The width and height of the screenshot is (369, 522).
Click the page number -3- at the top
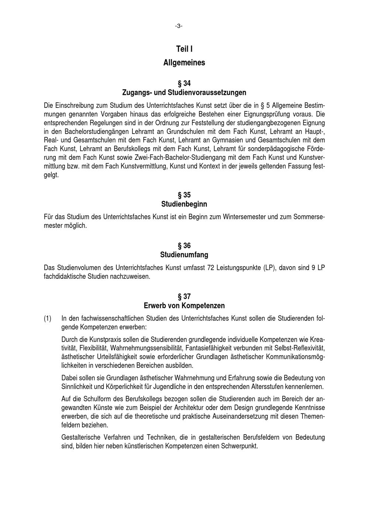click(179, 26)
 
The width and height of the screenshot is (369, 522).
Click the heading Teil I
click(184, 49)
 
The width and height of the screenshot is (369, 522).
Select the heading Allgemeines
click(184, 63)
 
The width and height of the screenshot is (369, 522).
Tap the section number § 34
click(184, 83)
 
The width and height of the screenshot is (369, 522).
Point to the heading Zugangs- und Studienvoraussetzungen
click(184, 92)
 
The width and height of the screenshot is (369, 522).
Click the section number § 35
click(184, 195)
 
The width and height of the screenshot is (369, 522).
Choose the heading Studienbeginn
click(184, 204)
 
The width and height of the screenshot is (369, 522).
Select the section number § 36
click(184, 246)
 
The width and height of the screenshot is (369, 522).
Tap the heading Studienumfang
click(184, 255)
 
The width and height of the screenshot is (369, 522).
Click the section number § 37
click(184, 296)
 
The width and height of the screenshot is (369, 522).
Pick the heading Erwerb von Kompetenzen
click(184, 306)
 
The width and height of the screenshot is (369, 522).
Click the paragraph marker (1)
click(48, 318)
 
